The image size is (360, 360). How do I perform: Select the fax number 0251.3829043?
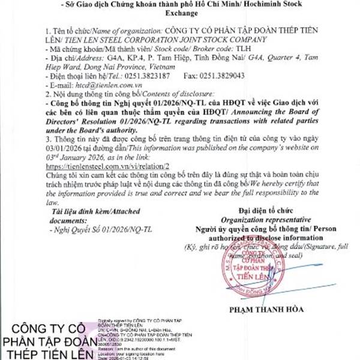pyautogui.click(x=223, y=76)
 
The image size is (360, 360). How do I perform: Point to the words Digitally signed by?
pyautogui.click(x=118, y=323)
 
